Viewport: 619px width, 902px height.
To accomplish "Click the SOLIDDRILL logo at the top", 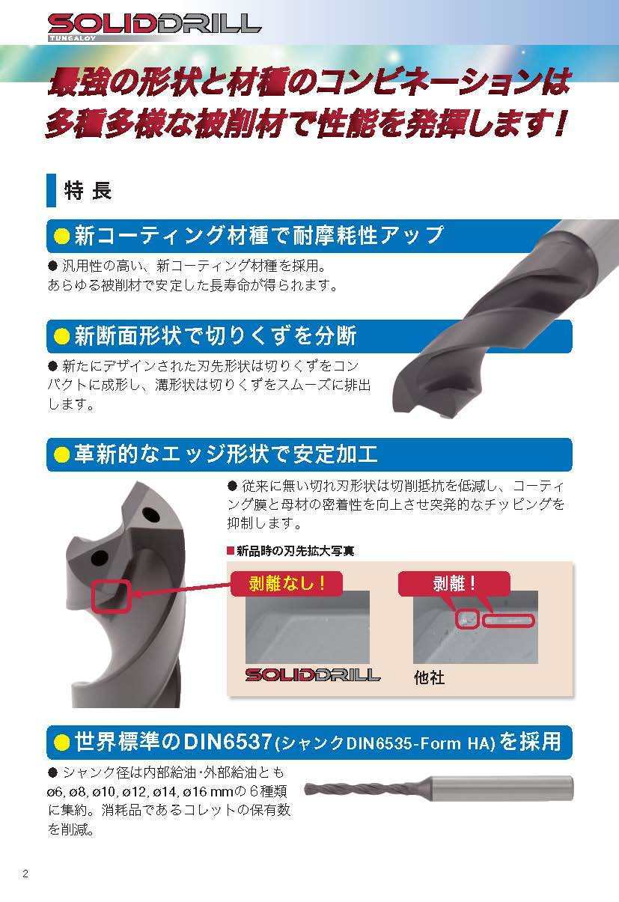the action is coord(154,24).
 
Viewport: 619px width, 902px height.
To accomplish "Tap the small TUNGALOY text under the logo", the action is coord(73,38).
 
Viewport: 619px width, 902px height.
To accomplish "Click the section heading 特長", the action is coord(88,190).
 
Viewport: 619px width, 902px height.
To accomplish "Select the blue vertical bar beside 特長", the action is coord(51,190).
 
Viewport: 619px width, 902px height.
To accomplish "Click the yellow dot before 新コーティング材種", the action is coord(62,236).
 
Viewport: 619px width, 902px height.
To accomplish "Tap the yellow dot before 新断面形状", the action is coord(62,336).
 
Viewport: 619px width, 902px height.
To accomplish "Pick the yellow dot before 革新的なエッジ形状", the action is coord(62,454).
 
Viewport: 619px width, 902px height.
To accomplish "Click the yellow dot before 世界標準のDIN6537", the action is coord(62,742).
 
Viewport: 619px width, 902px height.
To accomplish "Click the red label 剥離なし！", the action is coord(287,583).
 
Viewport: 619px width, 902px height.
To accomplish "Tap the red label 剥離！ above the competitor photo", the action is coord(454,583).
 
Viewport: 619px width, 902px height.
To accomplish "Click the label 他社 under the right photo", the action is coord(430,678).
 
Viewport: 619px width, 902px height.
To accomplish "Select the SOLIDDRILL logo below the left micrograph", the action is coord(313,675).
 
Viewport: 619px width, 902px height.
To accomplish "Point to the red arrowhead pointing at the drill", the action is coord(138,594).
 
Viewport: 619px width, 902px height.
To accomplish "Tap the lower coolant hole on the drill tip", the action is coord(99,558).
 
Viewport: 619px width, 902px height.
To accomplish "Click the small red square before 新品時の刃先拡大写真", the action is coord(231,551).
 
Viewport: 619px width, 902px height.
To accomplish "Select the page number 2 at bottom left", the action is coord(25,874).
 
